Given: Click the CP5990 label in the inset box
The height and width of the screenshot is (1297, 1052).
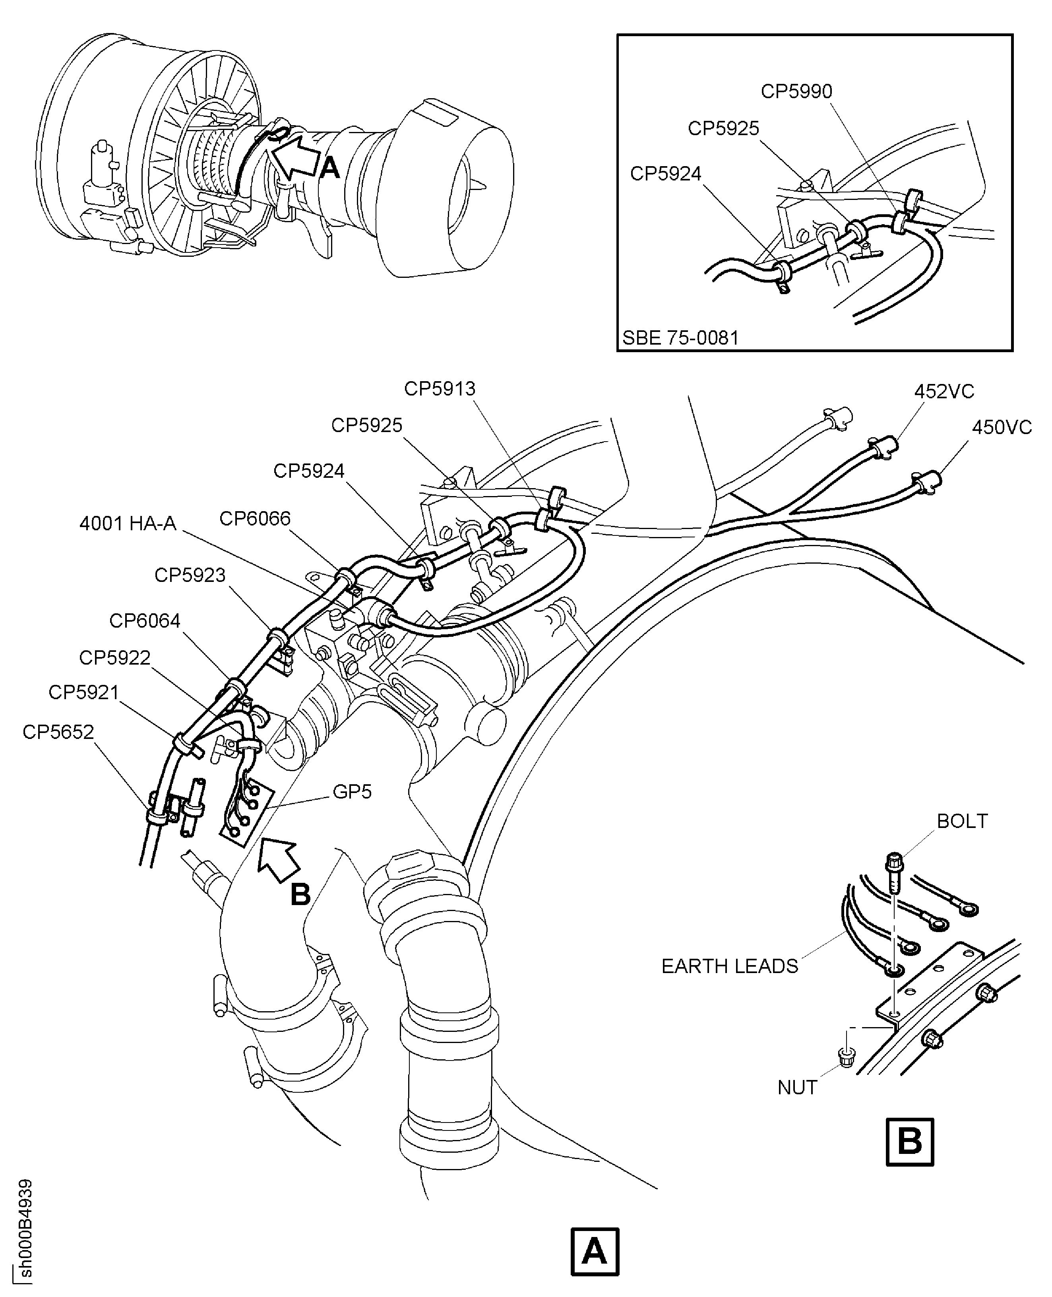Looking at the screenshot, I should click(x=796, y=91).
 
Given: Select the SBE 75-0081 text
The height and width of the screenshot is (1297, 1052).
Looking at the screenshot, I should click(x=680, y=337).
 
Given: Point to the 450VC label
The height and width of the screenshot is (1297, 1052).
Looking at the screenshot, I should click(x=1001, y=427).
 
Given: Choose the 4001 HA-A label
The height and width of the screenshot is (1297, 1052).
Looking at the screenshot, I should click(x=128, y=523).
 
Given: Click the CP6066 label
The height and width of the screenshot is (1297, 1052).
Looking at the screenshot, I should click(x=254, y=518).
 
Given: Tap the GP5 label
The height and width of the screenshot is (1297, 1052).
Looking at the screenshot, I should click(x=352, y=791).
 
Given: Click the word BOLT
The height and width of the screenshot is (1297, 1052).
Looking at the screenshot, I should click(x=962, y=821).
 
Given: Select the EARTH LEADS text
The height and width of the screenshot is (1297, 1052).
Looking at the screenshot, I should click(x=730, y=966).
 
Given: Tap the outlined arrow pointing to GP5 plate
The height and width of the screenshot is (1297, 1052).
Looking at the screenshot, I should click(x=279, y=859).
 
